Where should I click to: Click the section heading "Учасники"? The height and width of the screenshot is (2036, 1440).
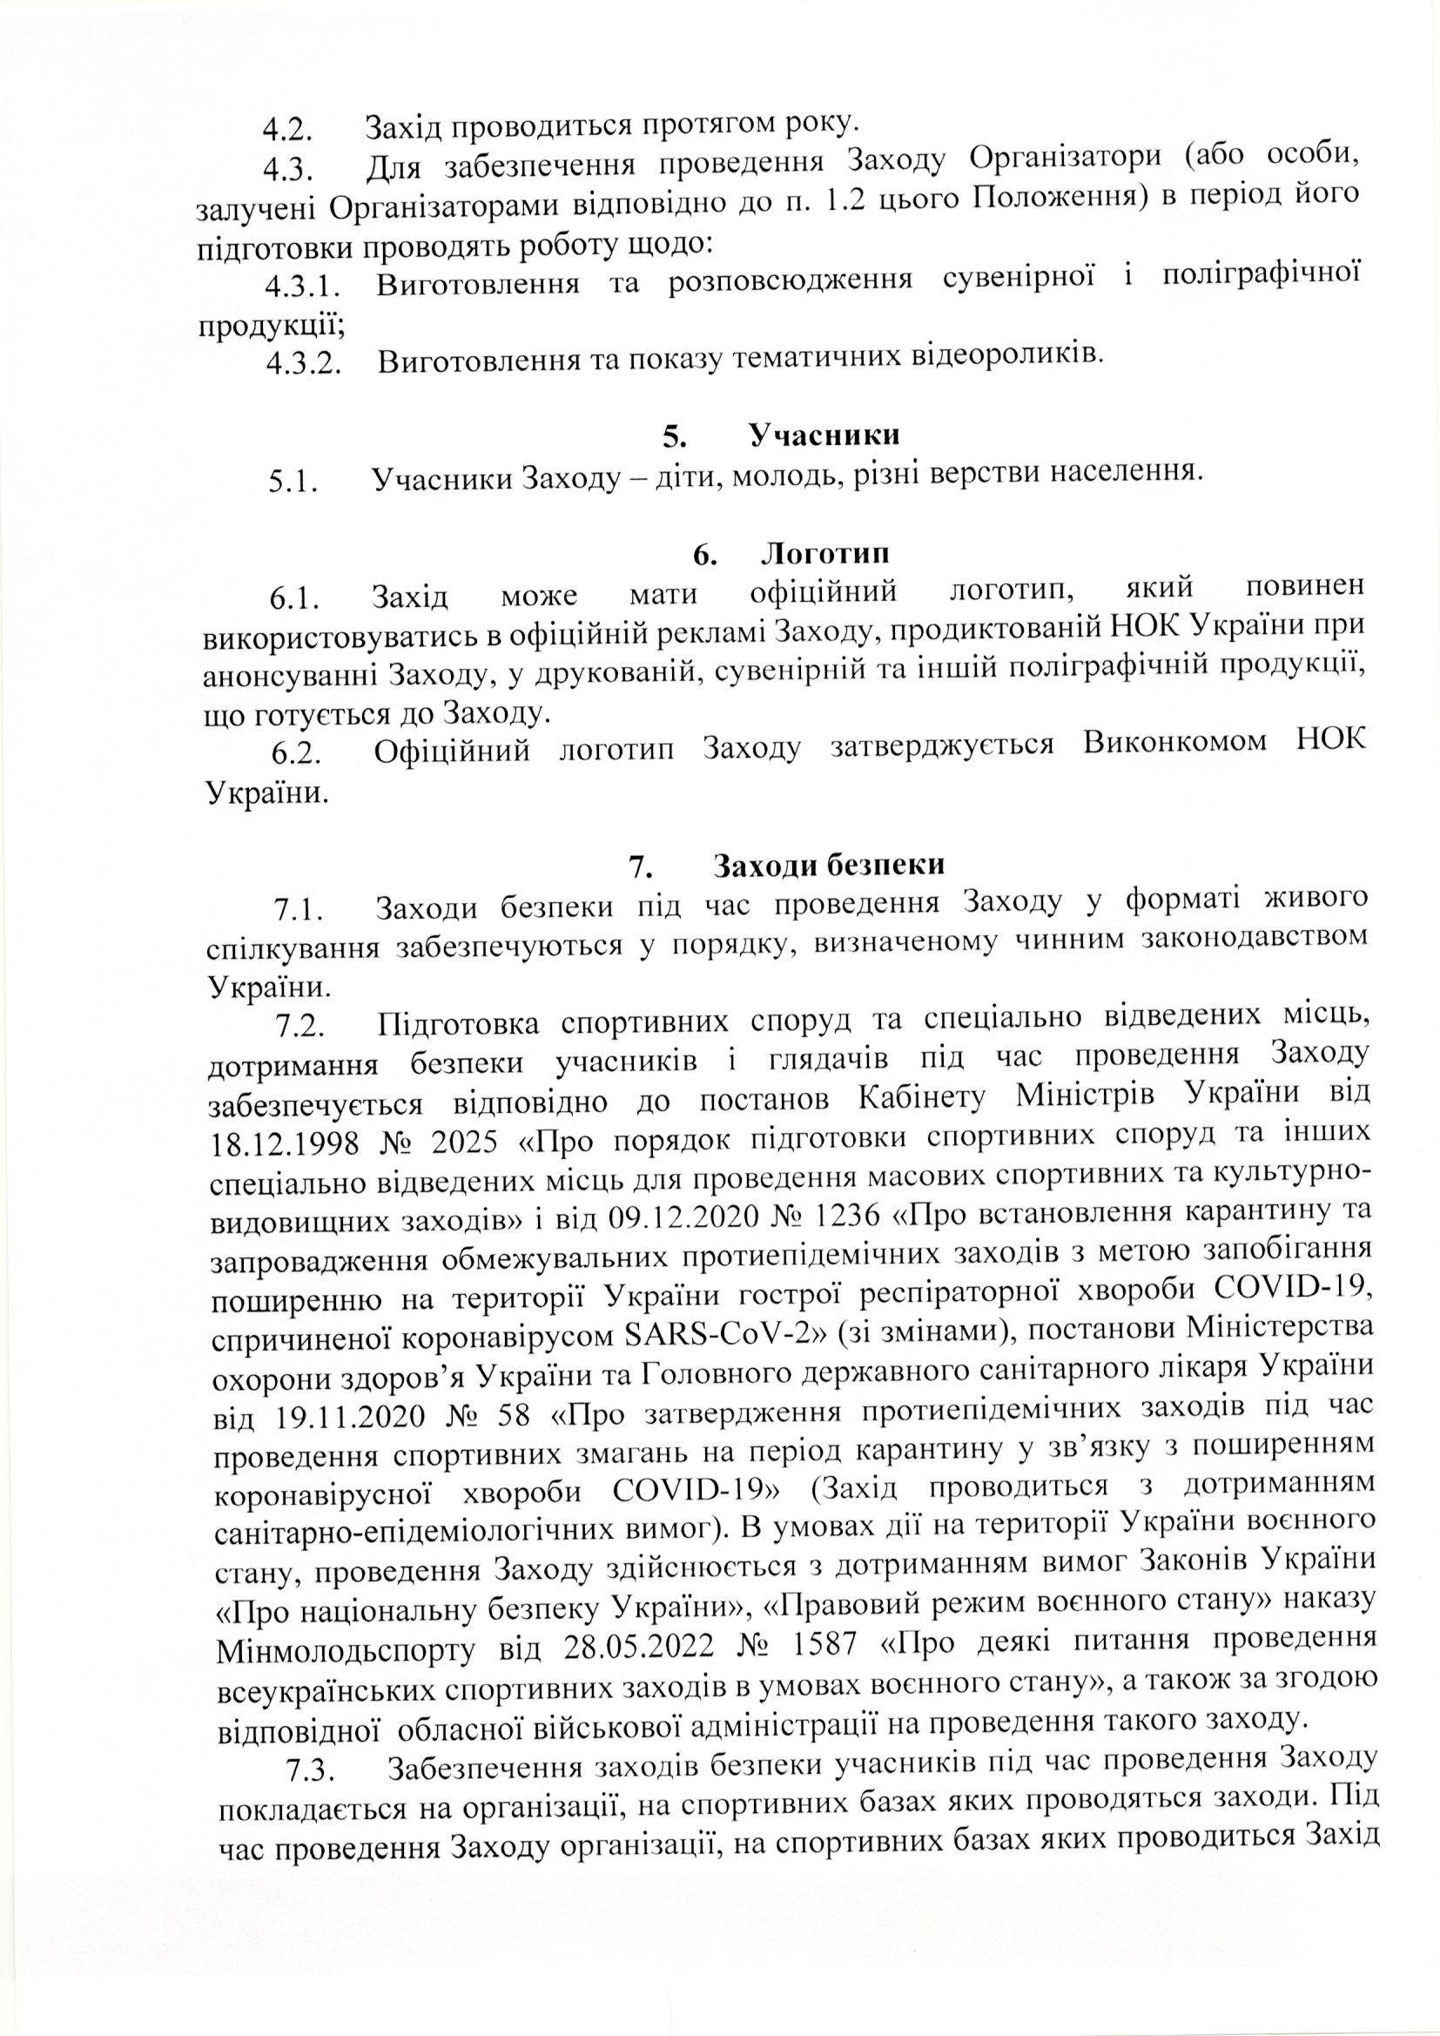click(824, 435)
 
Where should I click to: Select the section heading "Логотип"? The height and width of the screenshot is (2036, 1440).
click(824, 553)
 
